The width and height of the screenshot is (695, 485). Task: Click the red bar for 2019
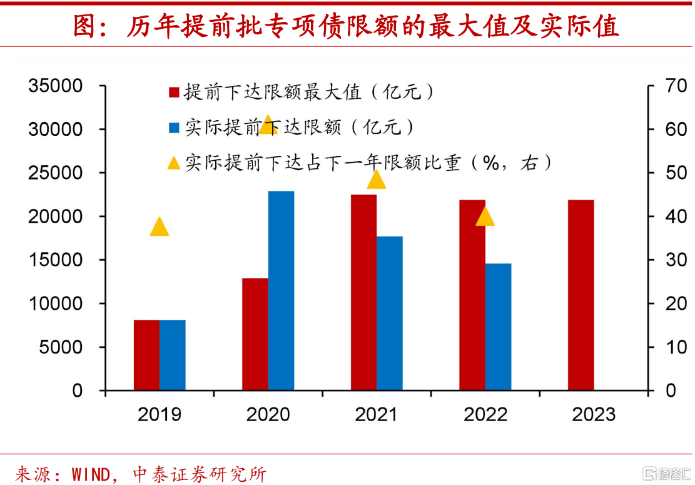[x=146, y=355]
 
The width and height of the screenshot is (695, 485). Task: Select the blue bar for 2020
[x=281, y=290]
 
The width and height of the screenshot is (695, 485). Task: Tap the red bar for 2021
[x=363, y=292]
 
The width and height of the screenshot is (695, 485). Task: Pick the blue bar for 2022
[x=498, y=327]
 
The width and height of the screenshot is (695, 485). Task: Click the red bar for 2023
[x=581, y=295]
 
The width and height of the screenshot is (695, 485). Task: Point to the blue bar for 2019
[x=173, y=355]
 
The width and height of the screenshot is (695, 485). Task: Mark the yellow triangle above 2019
[x=160, y=227]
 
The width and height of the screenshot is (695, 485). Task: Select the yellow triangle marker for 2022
[x=485, y=217]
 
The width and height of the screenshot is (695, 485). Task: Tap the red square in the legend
[x=173, y=93]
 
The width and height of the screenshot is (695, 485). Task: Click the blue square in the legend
[x=173, y=128]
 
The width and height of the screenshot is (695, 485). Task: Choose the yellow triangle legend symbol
[x=173, y=163]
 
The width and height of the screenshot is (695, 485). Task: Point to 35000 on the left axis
[x=56, y=86]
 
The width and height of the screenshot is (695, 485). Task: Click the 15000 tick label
[x=56, y=260]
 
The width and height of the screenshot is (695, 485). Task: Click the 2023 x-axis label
[x=594, y=414]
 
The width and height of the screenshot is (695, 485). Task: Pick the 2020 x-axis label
[x=268, y=414]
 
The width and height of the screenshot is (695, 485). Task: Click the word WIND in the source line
[x=92, y=474]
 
